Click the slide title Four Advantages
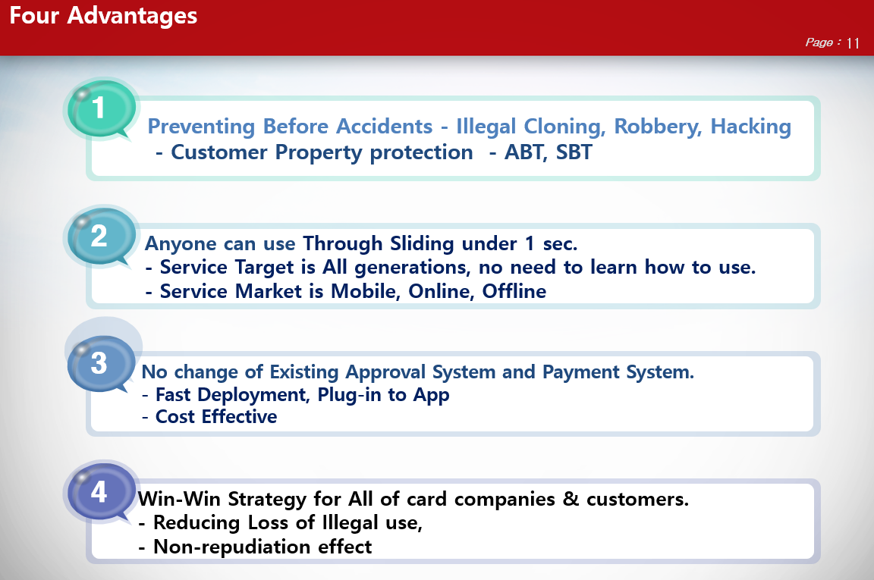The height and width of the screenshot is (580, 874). (103, 16)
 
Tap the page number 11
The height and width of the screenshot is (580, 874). (853, 43)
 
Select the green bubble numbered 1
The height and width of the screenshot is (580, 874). (99, 108)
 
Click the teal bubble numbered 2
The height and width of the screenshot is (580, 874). (99, 237)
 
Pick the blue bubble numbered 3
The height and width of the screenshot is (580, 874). (99, 364)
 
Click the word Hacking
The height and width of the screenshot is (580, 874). (750, 127)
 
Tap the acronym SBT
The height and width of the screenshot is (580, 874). (574, 152)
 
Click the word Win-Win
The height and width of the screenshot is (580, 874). (173, 500)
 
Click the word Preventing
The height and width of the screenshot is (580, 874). (201, 127)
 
